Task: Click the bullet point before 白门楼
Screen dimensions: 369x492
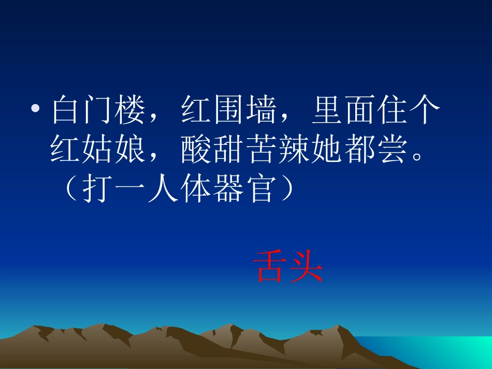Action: (35, 110)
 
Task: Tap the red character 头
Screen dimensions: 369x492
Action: (306, 267)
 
